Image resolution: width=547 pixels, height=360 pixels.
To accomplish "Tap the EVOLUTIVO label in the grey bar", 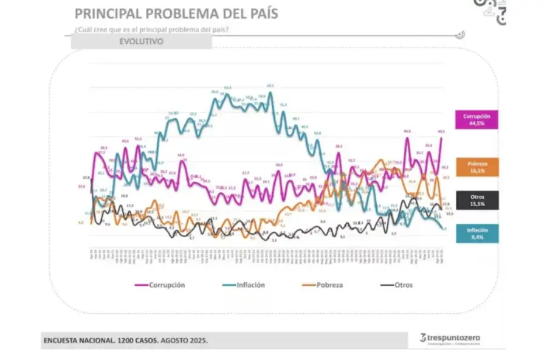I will [141, 41].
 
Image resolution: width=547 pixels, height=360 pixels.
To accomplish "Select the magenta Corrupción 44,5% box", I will [476, 119].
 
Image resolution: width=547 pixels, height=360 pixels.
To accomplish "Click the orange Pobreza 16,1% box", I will [476, 167].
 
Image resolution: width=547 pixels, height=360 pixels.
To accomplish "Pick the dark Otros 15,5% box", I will [476, 200].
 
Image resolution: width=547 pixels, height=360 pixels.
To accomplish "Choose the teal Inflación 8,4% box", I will [476, 234].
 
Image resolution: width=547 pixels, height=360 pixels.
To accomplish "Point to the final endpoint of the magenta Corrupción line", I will [441, 137].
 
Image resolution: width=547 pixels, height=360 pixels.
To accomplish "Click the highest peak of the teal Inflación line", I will [270, 92].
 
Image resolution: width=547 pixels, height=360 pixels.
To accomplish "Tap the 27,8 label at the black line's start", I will [87, 178].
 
